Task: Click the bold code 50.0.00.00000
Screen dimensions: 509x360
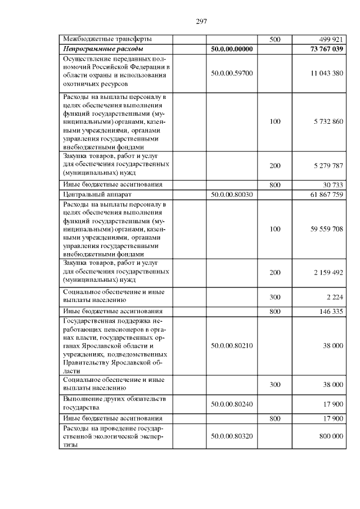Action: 232,49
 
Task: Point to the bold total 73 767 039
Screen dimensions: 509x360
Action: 325,49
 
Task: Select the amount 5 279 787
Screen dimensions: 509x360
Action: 327,166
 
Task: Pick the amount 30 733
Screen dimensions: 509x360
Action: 332,184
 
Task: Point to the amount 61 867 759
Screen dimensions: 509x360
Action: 325,194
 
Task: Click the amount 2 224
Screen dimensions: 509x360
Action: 335,297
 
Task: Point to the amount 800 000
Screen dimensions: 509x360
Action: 330,436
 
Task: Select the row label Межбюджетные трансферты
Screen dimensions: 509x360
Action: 106,40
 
